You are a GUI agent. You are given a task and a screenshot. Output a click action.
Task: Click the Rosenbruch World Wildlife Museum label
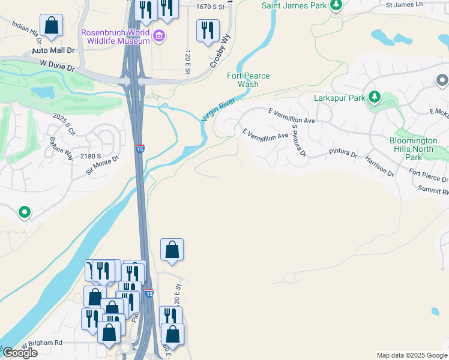point(115,36)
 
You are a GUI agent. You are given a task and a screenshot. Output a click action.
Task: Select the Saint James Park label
point(295,5)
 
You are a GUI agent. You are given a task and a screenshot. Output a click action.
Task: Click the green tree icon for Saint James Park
point(336,5)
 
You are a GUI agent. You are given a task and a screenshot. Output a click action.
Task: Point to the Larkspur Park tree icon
point(375,97)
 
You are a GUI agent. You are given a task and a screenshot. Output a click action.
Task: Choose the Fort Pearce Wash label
point(248,80)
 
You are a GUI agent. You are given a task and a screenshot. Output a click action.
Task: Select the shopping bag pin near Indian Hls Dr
point(52,26)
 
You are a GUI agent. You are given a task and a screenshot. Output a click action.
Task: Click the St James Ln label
point(404,4)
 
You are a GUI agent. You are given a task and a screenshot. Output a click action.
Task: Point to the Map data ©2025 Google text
point(411,355)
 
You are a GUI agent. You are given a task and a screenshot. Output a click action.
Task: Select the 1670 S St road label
point(214,6)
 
